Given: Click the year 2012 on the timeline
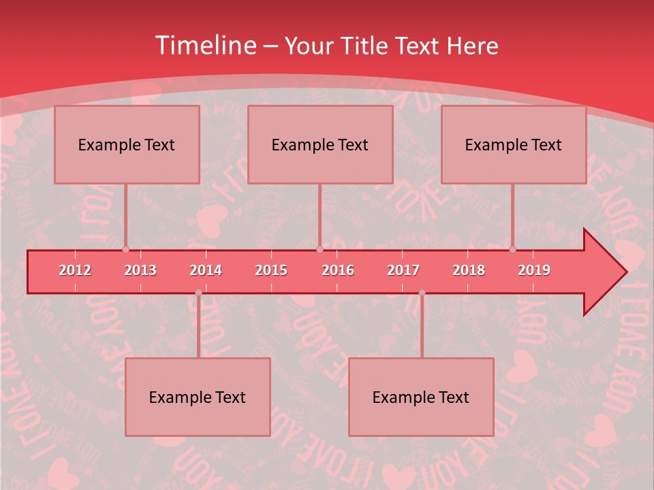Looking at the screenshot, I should click(x=75, y=270).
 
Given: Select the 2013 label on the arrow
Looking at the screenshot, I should click(x=140, y=270).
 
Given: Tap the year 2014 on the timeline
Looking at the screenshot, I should click(x=206, y=270).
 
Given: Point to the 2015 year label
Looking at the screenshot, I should click(x=271, y=270).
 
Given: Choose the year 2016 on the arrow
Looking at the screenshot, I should click(x=338, y=270).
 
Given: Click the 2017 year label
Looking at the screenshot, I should click(x=403, y=270).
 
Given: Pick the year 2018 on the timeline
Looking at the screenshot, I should click(x=469, y=270).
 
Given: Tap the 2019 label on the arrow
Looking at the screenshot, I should click(x=534, y=270).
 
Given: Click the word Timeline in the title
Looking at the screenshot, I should click(x=204, y=46).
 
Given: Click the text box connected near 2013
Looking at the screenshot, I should click(x=127, y=144).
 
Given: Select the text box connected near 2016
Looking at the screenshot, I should click(x=320, y=144).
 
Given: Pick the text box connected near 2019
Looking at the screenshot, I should click(x=514, y=144).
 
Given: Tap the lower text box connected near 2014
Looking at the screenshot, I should click(x=198, y=397).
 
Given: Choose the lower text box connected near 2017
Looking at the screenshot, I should click(x=421, y=397).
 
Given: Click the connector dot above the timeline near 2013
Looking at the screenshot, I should click(x=126, y=249).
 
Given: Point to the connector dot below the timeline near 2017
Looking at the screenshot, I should click(x=422, y=293).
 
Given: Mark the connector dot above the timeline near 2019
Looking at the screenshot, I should click(x=512, y=249).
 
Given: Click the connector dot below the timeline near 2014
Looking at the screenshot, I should click(x=198, y=293).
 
